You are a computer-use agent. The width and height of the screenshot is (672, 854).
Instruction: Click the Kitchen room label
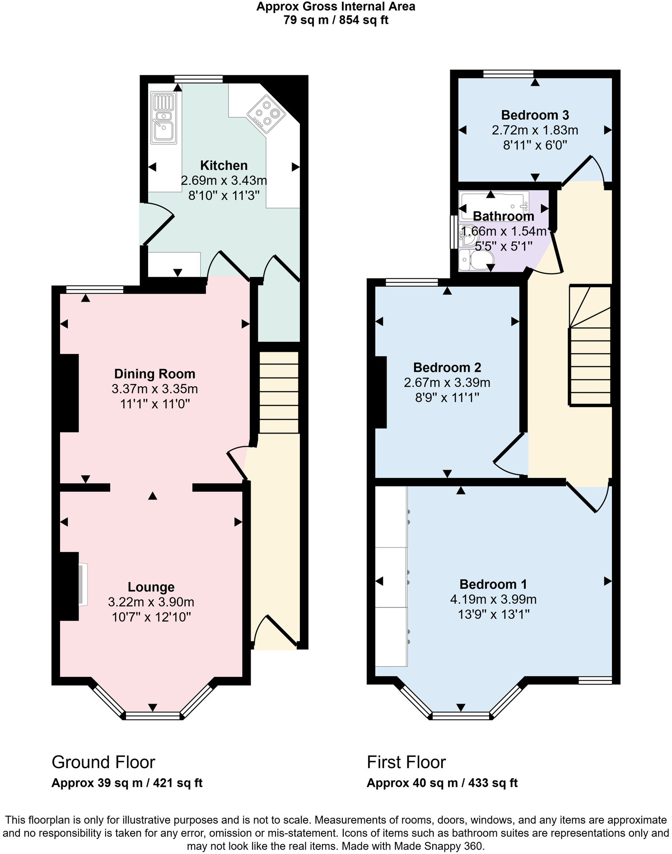[224, 165]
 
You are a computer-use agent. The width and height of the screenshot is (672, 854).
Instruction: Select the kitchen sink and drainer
[163, 118]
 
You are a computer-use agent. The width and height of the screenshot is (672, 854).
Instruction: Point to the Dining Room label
[154, 374]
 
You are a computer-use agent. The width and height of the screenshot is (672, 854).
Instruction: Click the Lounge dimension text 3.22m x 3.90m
[151, 602]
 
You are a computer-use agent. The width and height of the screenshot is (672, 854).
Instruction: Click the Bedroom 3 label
[535, 115]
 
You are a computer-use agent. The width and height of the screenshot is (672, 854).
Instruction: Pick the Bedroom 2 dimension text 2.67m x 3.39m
[447, 383]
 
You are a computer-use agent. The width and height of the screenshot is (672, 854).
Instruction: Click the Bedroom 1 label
[493, 584]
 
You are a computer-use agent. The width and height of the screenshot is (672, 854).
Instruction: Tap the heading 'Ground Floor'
[103, 762]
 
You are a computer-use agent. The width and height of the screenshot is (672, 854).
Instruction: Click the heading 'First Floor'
[406, 762]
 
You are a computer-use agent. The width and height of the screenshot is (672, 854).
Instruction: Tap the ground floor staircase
[279, 392]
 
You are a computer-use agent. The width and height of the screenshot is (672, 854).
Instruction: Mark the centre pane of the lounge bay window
[153, 715]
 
